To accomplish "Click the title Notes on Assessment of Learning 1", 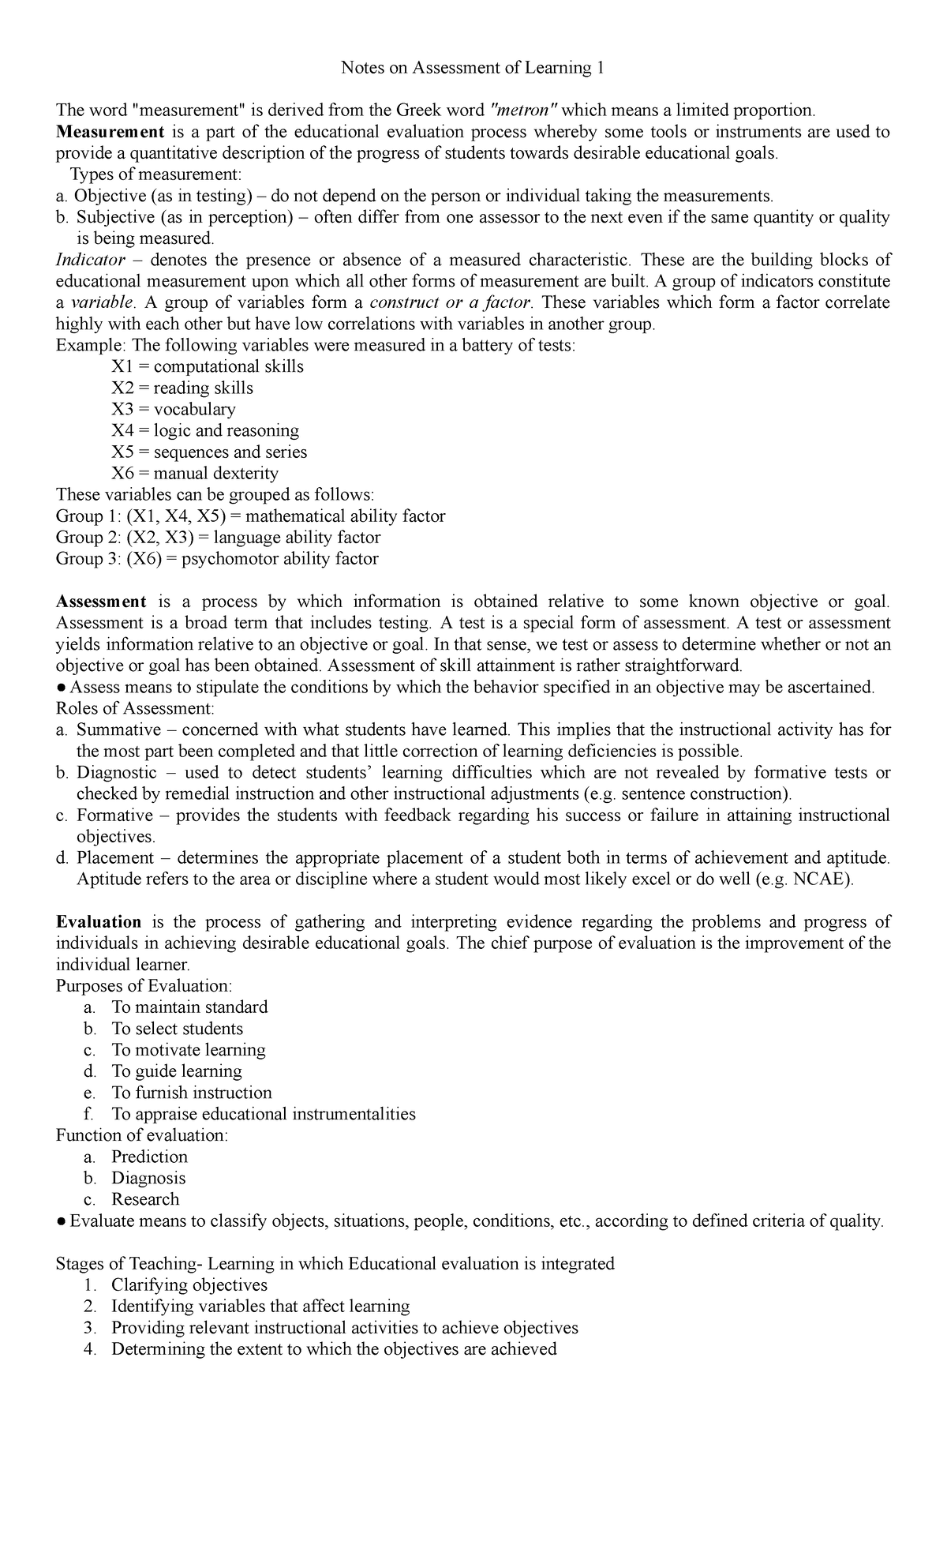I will [473, 68].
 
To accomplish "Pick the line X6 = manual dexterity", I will [194, 473].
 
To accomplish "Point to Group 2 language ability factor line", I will [218, 538].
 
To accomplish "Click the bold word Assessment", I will [101, 602].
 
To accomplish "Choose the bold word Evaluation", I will [99, 921].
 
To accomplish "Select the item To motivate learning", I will [189, 1049].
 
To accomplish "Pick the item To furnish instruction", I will [192, 1092].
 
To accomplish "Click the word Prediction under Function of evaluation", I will [149, 1157].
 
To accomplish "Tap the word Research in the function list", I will [145, 1199].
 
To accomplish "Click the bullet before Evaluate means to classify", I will [62, 1221].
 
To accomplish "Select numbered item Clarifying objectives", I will [189, 1284].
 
